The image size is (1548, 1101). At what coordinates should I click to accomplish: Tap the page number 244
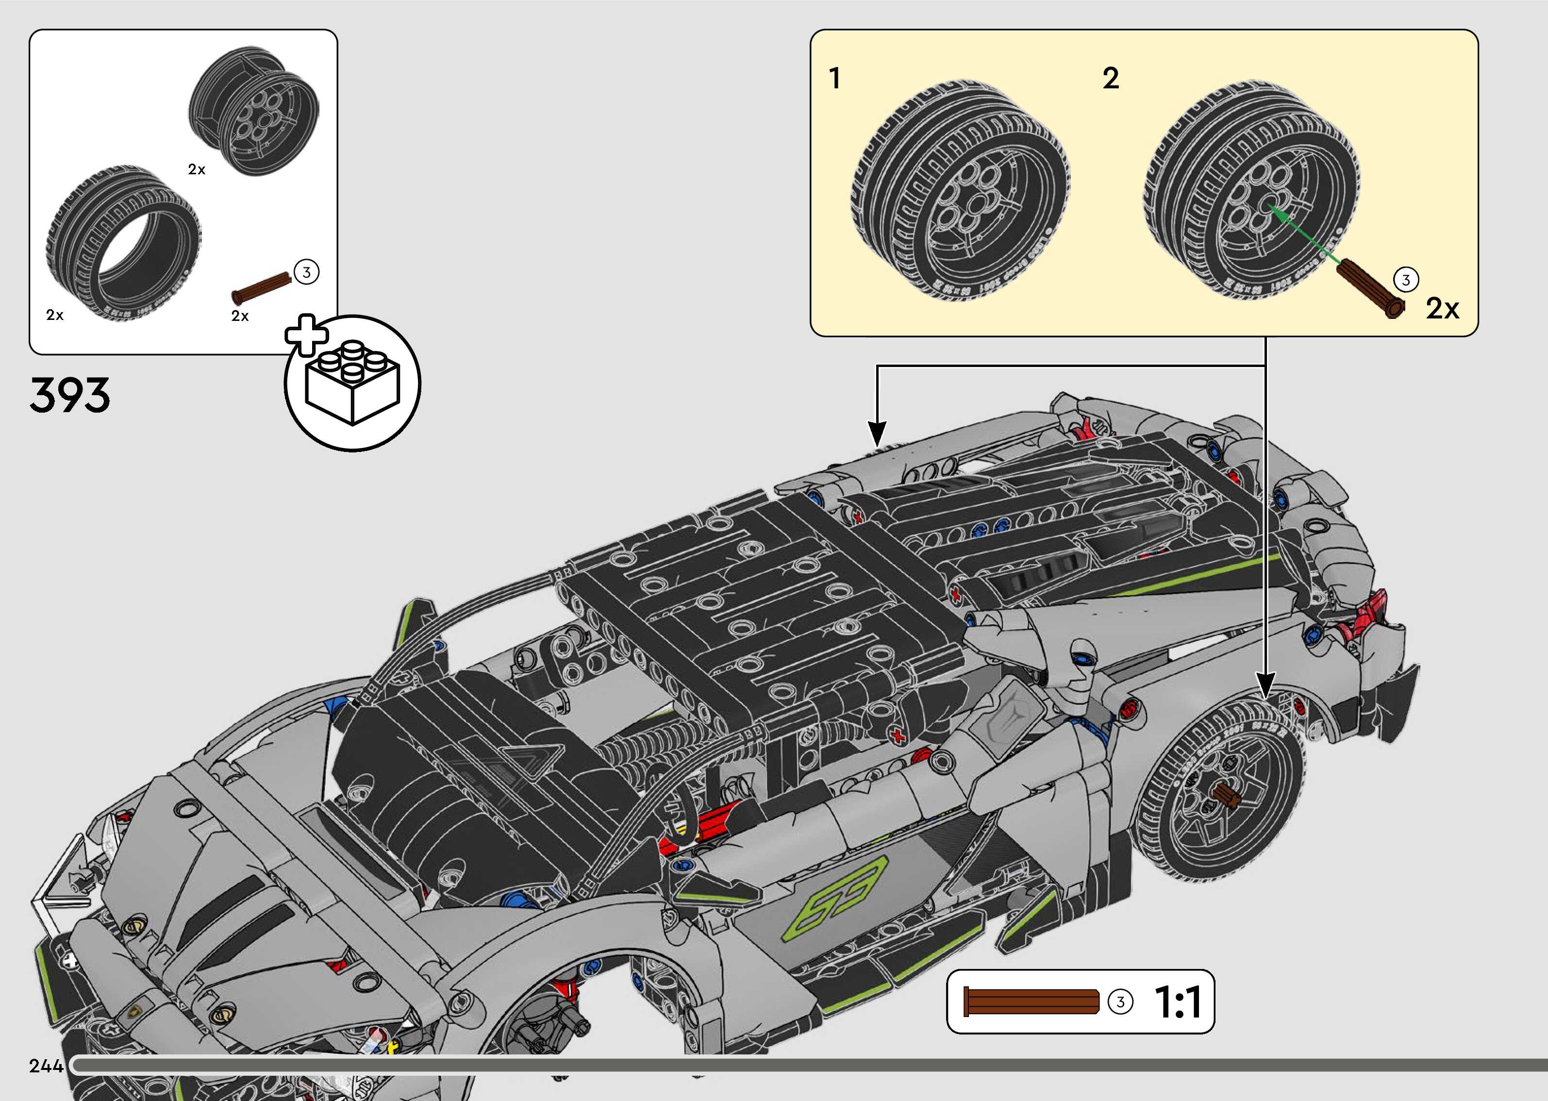[x=46, y=1066]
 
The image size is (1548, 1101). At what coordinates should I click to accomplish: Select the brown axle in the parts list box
[x=261, y=287]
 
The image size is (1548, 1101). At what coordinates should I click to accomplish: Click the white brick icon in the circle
[x=352, y=383]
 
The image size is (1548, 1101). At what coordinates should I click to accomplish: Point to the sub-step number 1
[x=834, y=78]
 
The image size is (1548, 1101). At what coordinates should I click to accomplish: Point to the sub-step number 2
[x=1110, y=79]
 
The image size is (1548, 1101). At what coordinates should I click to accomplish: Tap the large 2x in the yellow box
[x=1442, y=308]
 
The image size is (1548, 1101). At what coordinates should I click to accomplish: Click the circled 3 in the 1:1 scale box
[x=1120, y=1002]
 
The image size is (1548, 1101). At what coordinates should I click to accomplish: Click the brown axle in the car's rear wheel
[x=1226, y=795]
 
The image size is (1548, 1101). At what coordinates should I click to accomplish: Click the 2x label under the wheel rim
[x=197, y=169]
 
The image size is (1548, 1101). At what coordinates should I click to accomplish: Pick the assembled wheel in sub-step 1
[x=959, y=193]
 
